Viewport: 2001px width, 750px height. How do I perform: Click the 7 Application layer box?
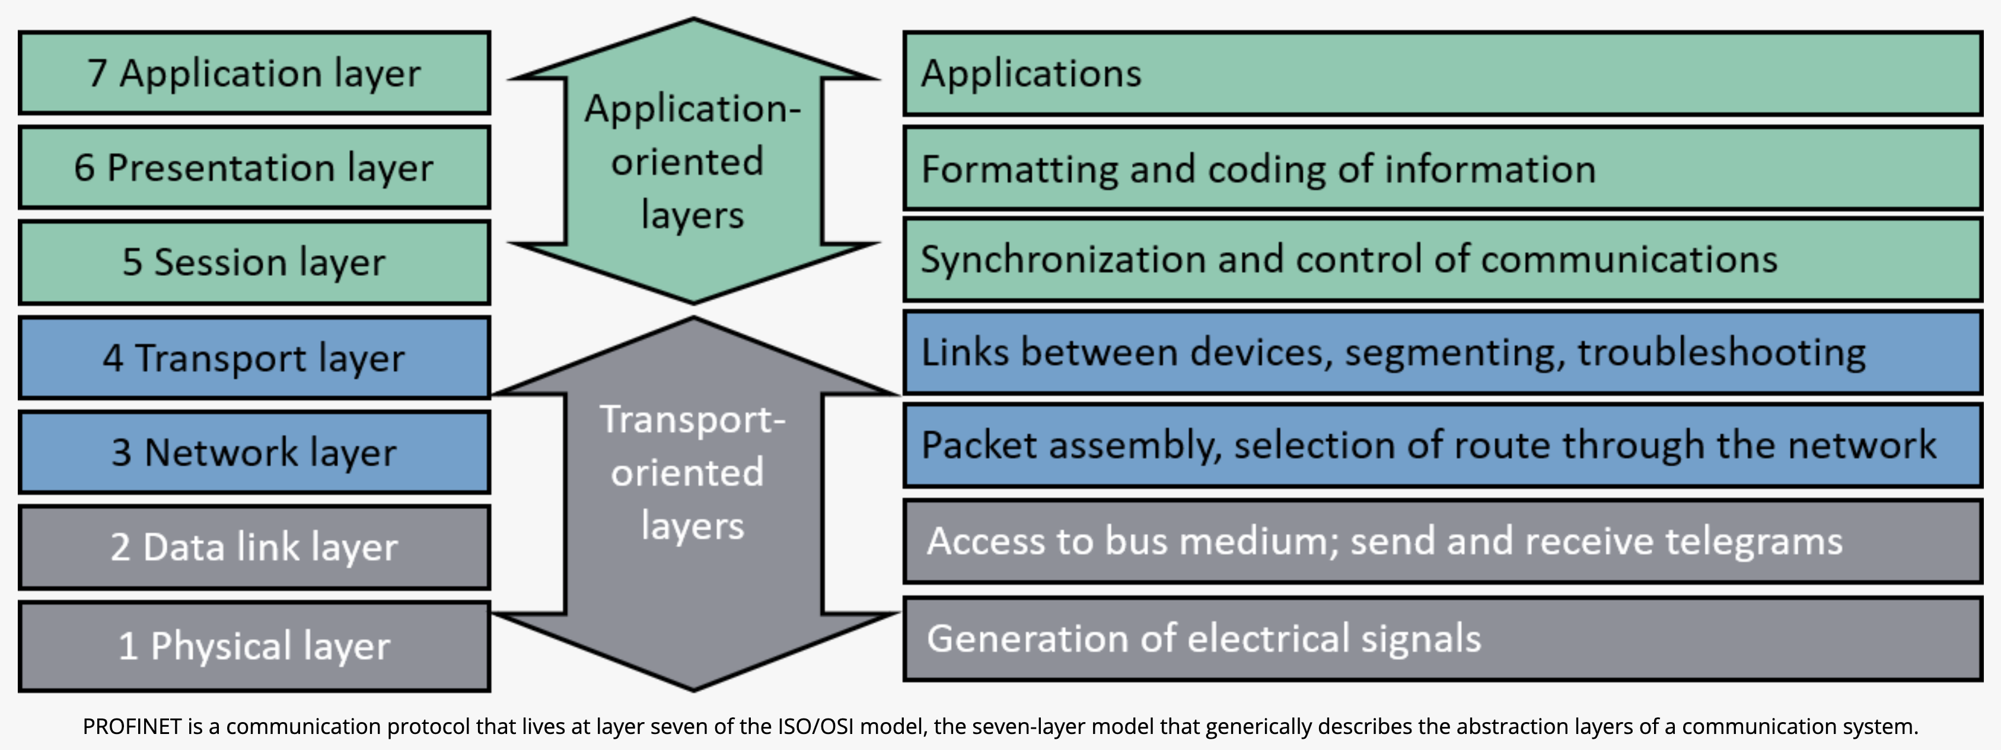(254, 73)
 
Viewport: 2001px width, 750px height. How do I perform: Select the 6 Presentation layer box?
(254, 168)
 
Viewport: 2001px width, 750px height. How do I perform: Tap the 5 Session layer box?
(254, 262)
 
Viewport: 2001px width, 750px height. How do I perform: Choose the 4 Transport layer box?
(254, 358)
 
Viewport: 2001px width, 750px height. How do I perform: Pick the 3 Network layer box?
(254, 452)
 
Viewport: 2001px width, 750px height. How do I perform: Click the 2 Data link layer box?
(254, 547)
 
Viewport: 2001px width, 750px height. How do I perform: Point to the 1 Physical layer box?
(254, 646)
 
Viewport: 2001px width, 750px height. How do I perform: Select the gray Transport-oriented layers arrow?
(693, 497)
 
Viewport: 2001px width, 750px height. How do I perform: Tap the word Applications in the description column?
(1031, 74)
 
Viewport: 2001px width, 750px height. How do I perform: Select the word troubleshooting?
(1720, 354)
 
